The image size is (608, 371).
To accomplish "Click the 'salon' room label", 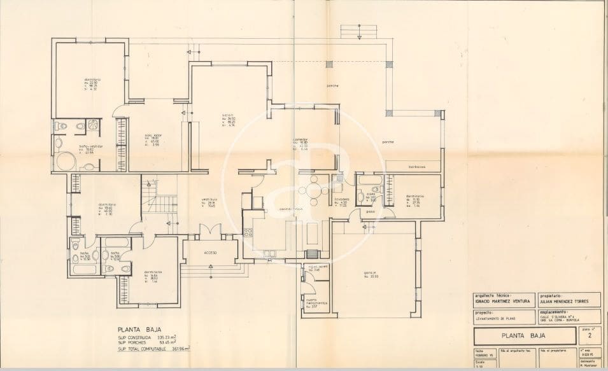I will click(x=227, y=115).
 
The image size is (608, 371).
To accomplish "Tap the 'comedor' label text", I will click(x=300, y=139).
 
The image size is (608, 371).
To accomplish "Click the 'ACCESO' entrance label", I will click(x=210, y=253).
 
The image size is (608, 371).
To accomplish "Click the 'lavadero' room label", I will click(x=343, y=199).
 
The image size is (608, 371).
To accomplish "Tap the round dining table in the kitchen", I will click(x=314, y=188).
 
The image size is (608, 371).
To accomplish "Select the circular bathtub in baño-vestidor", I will click(x=64, y=162).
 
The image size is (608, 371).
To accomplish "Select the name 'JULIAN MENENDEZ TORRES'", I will click(x=565, y=302).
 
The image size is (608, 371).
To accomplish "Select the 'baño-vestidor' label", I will click(x=91, y=146).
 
